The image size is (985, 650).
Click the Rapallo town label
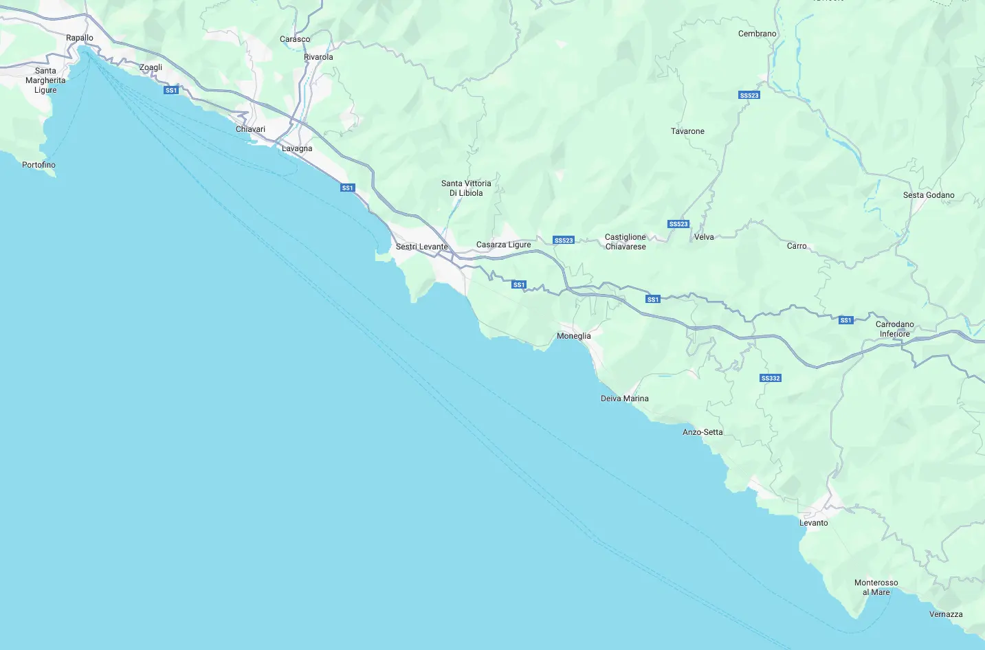(x=80, y=38)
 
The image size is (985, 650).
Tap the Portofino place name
(x=38, y=165)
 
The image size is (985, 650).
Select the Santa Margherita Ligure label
(x=45, y=80)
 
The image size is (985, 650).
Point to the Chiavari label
(x=250, y=129)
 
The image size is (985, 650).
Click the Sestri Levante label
(x=421, y=247)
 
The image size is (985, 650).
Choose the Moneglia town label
(x=573, y=336)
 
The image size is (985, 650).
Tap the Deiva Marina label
(x=624, y=399)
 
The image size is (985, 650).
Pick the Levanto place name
(x=813, y=523)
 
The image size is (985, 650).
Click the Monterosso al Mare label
(x=876, y=587)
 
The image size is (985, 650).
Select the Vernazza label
(x=945, y=614)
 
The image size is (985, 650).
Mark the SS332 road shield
(x=771, y=379)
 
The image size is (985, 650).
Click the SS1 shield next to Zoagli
(x=171, y=91)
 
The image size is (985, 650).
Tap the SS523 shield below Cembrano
(x=749, y=96)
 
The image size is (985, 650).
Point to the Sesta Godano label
(x=928, y=195)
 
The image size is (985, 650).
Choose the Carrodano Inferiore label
(x=894, y=329)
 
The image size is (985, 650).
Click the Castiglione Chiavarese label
(x=625, y=242)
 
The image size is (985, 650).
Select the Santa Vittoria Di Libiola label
(x=466, y=188)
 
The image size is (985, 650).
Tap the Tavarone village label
(x=687, y=131)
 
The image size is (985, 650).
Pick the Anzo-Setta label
(x=702, y=432)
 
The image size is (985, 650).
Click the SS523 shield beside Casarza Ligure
(x=563, y=240)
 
